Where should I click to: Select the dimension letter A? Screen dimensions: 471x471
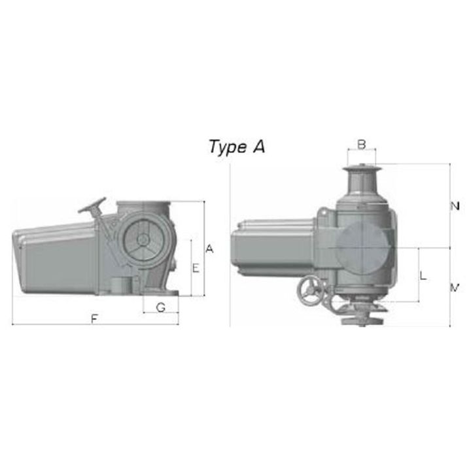209,249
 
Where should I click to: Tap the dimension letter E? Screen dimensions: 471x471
195,268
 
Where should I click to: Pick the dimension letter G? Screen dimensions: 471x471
160,306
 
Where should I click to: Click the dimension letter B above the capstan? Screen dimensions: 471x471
362,143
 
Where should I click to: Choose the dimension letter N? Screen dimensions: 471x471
455,206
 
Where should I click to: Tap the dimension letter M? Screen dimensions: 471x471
455,287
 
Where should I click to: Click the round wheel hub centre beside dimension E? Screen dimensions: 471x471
142,240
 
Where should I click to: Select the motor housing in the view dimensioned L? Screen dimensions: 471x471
275,252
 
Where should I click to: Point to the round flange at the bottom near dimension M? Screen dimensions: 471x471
360,321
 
